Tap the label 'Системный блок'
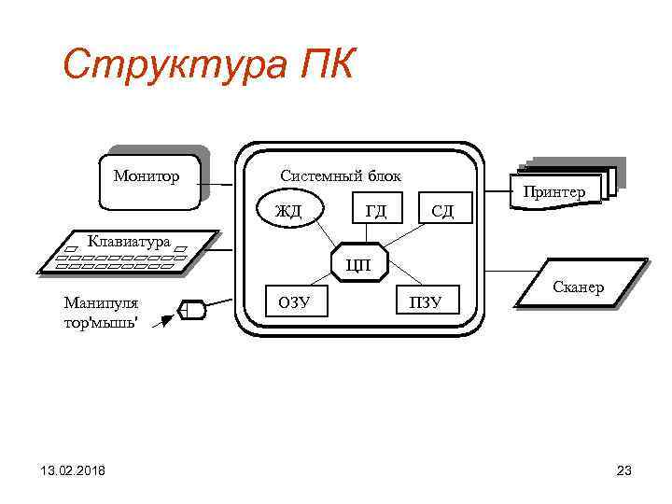click(341, 175)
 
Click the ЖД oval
click(289, 209)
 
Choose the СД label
click(441, 211)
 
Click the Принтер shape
click(554, 191)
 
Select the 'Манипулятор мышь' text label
click(100, 311)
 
